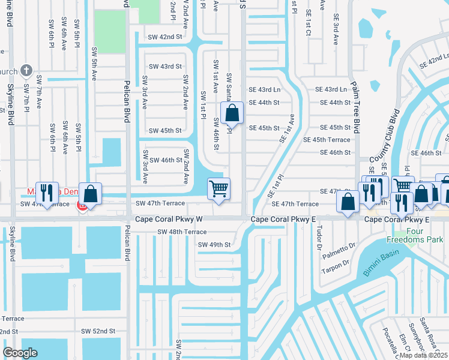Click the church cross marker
(26, 71)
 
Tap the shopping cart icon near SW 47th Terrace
(219, 189)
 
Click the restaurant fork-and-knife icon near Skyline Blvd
(47, 193)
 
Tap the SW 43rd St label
(165, 67)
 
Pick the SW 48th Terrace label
(182, 232)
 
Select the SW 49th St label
(214, 244)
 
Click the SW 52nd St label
(98, 331)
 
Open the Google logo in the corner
(20, 352)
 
